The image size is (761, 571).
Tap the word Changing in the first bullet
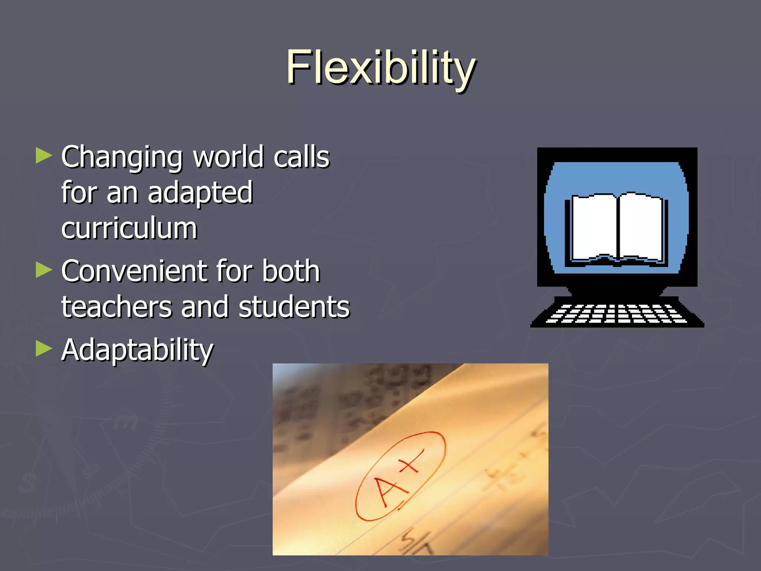click(122, 158)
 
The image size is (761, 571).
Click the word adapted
click(200, 193)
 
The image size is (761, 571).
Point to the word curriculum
click(129, 228)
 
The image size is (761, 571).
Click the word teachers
click(116, 307)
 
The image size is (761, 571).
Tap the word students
click(294, 307)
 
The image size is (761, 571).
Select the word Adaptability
click(137, 350)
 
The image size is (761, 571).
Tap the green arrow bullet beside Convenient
click(44, 270)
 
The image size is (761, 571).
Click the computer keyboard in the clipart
click(617, 313)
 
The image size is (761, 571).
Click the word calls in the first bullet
click(301, 157)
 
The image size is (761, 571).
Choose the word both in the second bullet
click(291, 271)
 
